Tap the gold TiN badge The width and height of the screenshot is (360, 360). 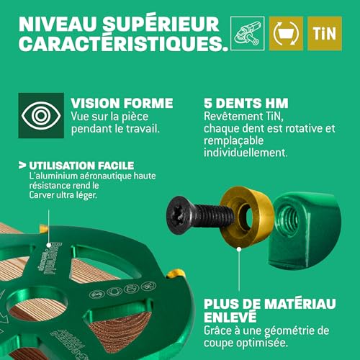325,33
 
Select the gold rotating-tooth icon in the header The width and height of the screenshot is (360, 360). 285,33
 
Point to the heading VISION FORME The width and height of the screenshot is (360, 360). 122,102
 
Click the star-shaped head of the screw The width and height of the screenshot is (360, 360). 177,214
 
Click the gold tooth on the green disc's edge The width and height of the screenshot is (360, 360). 175,275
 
